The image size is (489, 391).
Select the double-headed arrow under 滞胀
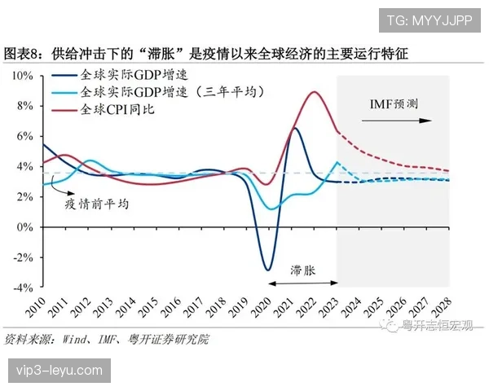[301, 282]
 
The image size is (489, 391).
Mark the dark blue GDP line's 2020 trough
[267, 270]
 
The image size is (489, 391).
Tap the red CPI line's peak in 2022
[314, 92]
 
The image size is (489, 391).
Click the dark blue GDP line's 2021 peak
[295, 128]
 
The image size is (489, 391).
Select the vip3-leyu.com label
[58, 371]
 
